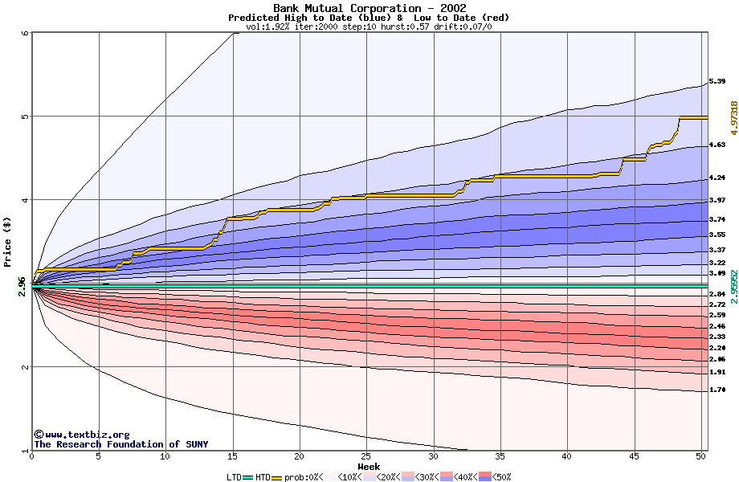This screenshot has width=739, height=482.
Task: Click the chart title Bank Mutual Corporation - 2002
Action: pyautogui.click(x=369, y=8)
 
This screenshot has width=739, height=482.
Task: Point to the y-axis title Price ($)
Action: pyautogui.click(x=8, y=240)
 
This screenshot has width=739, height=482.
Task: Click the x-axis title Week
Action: pyautogui.click(x=369, y=467)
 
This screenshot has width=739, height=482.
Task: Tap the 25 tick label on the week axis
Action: pyautogui.click(x=366, y=457)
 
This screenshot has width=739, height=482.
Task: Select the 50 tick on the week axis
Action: pyautogui.click(x=700, y=457)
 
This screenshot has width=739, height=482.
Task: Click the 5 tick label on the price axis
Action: pyautogui.click(x=25, y=116)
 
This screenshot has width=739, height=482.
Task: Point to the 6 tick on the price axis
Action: pyautogui.click(x=25, y=33)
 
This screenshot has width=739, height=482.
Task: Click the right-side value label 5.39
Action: pyautogui.click(x=717, y=82)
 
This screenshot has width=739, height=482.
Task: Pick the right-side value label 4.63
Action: pyautogui.click(x=717, y=145)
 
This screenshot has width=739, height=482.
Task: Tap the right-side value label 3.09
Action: pyautogui.click(x=717, y=274)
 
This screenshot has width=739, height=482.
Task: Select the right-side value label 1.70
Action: pyautogui.click(x=717, y=390)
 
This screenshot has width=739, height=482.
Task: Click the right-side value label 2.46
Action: pyautogui.click(x=717, y=327)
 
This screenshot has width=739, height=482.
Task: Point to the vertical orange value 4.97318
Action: pyautogui.click(x=733, y=120)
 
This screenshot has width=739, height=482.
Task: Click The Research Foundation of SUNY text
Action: pyautogui.click(x=120, y=444)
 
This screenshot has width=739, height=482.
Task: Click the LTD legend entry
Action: pyautogui.click(x=234, y=477)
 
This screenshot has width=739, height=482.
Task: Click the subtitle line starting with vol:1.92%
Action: pyautogui.click(x=369, y=27)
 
